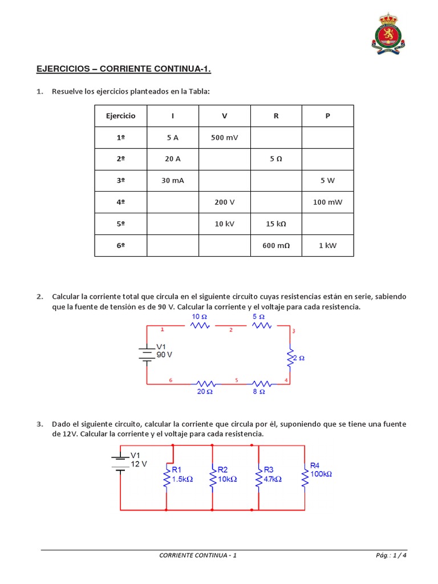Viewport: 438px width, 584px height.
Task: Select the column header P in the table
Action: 327,116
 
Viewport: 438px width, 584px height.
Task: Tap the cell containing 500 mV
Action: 224,137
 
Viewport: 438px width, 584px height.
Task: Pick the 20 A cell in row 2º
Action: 172,159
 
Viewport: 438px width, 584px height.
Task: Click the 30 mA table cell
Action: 172,181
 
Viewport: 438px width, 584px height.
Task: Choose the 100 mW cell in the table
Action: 327,202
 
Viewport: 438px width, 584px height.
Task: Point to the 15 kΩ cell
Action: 276,224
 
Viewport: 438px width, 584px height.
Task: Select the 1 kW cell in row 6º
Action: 327,246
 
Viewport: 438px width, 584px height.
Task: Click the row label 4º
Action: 120,202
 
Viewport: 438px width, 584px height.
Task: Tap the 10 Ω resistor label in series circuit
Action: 199,317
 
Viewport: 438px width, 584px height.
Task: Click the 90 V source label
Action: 164,354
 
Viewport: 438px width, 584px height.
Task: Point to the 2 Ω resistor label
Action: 298,358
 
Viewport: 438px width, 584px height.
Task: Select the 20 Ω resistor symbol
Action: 205,383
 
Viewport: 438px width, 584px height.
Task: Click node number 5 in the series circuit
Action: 236,379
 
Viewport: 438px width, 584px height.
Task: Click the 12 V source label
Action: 139,464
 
